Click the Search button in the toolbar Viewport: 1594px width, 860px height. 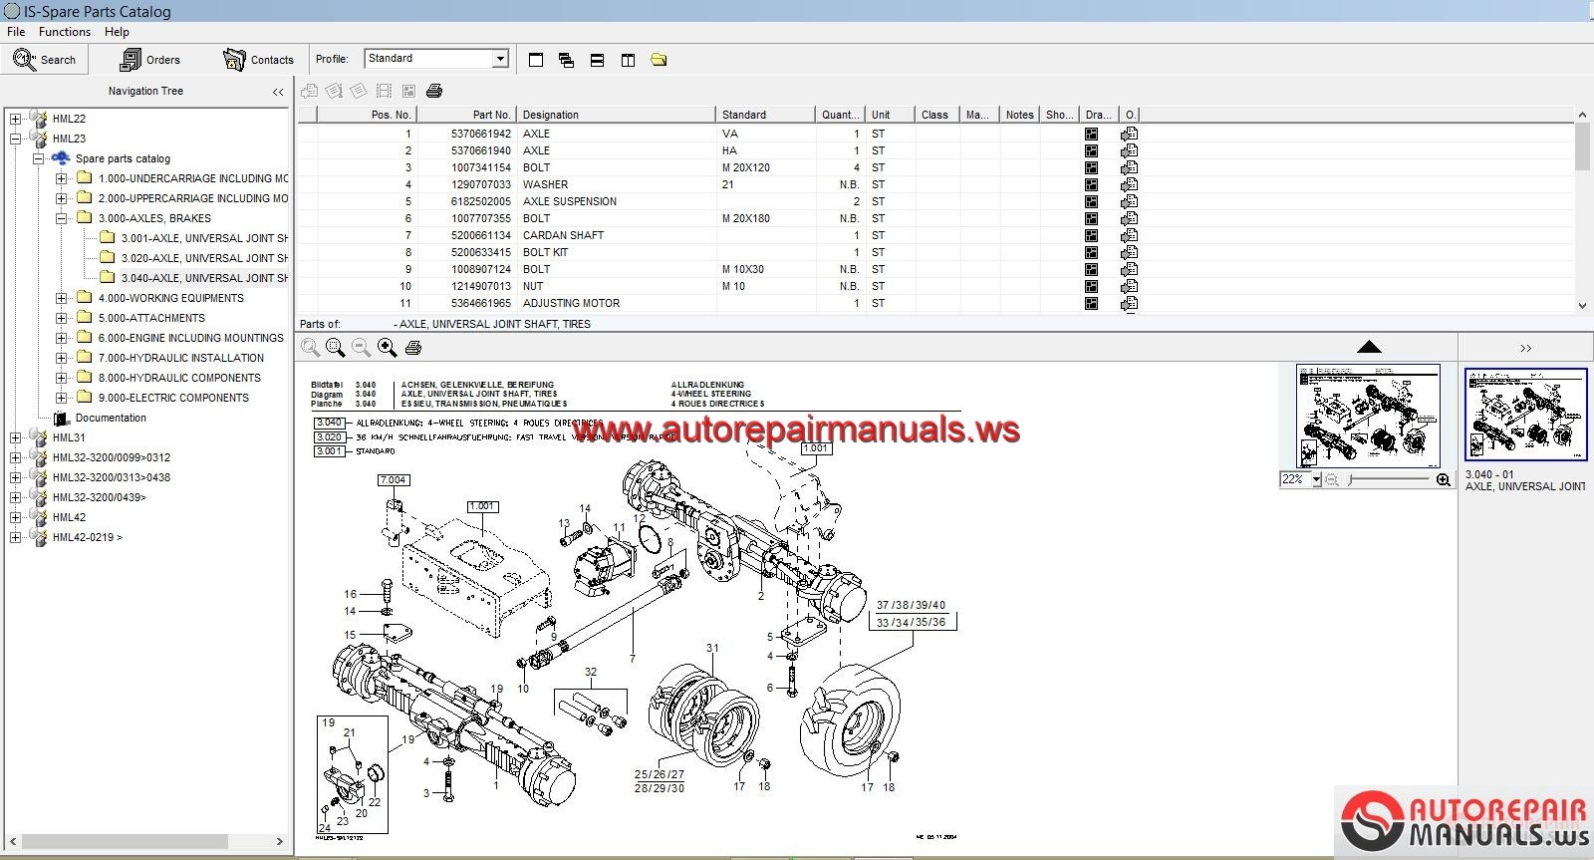(x=45, y=60)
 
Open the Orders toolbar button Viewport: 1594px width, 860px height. (x=150, y=60)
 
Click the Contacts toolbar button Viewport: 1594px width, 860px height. (x=259, y=60)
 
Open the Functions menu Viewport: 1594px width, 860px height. (x=64, y=32)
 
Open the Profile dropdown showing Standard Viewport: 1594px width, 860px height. (x=436, y=59)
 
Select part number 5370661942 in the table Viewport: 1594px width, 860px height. (x=480, y=134)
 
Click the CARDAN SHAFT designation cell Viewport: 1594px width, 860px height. (x=563, y=235)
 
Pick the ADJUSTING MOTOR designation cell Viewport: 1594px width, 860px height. (x=571, y=303)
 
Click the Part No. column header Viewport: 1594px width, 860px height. (x=491, y=115)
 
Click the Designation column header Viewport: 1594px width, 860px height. (x=551, y=115)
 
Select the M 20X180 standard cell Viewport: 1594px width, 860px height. (x=745, y=218)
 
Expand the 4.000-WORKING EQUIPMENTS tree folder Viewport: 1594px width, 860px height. (x=62, y=298)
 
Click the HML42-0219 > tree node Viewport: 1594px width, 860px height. (x=87, y=537)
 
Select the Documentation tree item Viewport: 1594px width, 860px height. (x=110, y=418)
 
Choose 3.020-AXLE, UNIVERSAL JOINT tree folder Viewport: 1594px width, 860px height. (x=203, y=258)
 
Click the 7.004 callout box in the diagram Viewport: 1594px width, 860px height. (x=393, y=480)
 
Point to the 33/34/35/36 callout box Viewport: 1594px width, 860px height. (x=911, y=622)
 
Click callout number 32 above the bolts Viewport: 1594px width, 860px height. (x=591, y=672)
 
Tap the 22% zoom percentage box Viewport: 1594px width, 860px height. (x=1294, y=479)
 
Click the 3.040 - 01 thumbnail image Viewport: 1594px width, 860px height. (x=1525, y=415)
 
